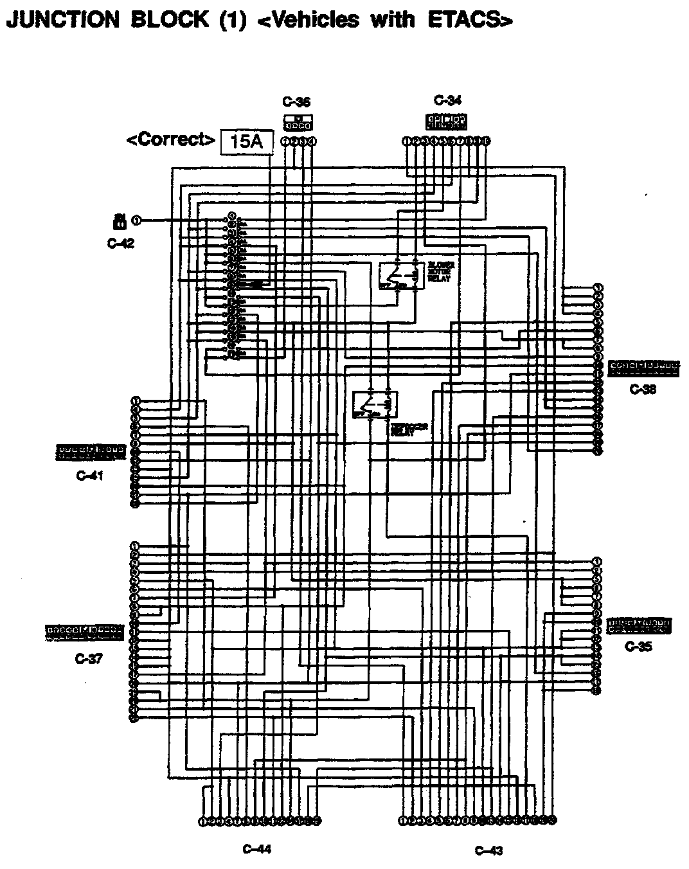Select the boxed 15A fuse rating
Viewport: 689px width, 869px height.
pos(246,141)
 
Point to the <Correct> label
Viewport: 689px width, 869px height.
pos(170,139)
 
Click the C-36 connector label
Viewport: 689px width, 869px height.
pos(296,102)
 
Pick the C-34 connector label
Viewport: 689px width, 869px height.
pos(447,100)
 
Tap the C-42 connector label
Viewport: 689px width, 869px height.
pos(121,243)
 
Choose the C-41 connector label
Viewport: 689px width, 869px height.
pos(89,476)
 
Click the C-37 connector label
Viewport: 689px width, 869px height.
pos(89,658)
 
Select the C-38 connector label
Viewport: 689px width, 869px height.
pos(643,389)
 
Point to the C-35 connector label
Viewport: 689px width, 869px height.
pos(638,647)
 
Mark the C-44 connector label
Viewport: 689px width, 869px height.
pos(257,849)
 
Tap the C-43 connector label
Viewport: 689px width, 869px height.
pos(488,850)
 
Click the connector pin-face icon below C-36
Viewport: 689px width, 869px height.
pos(298,121)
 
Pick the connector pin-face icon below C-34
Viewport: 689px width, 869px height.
pos(447,121)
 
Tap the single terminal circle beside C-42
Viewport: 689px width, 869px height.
pos(136,221)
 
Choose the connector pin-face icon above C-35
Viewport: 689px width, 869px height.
pos(639,624)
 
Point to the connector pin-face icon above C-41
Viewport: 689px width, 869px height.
pos(91,452)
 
